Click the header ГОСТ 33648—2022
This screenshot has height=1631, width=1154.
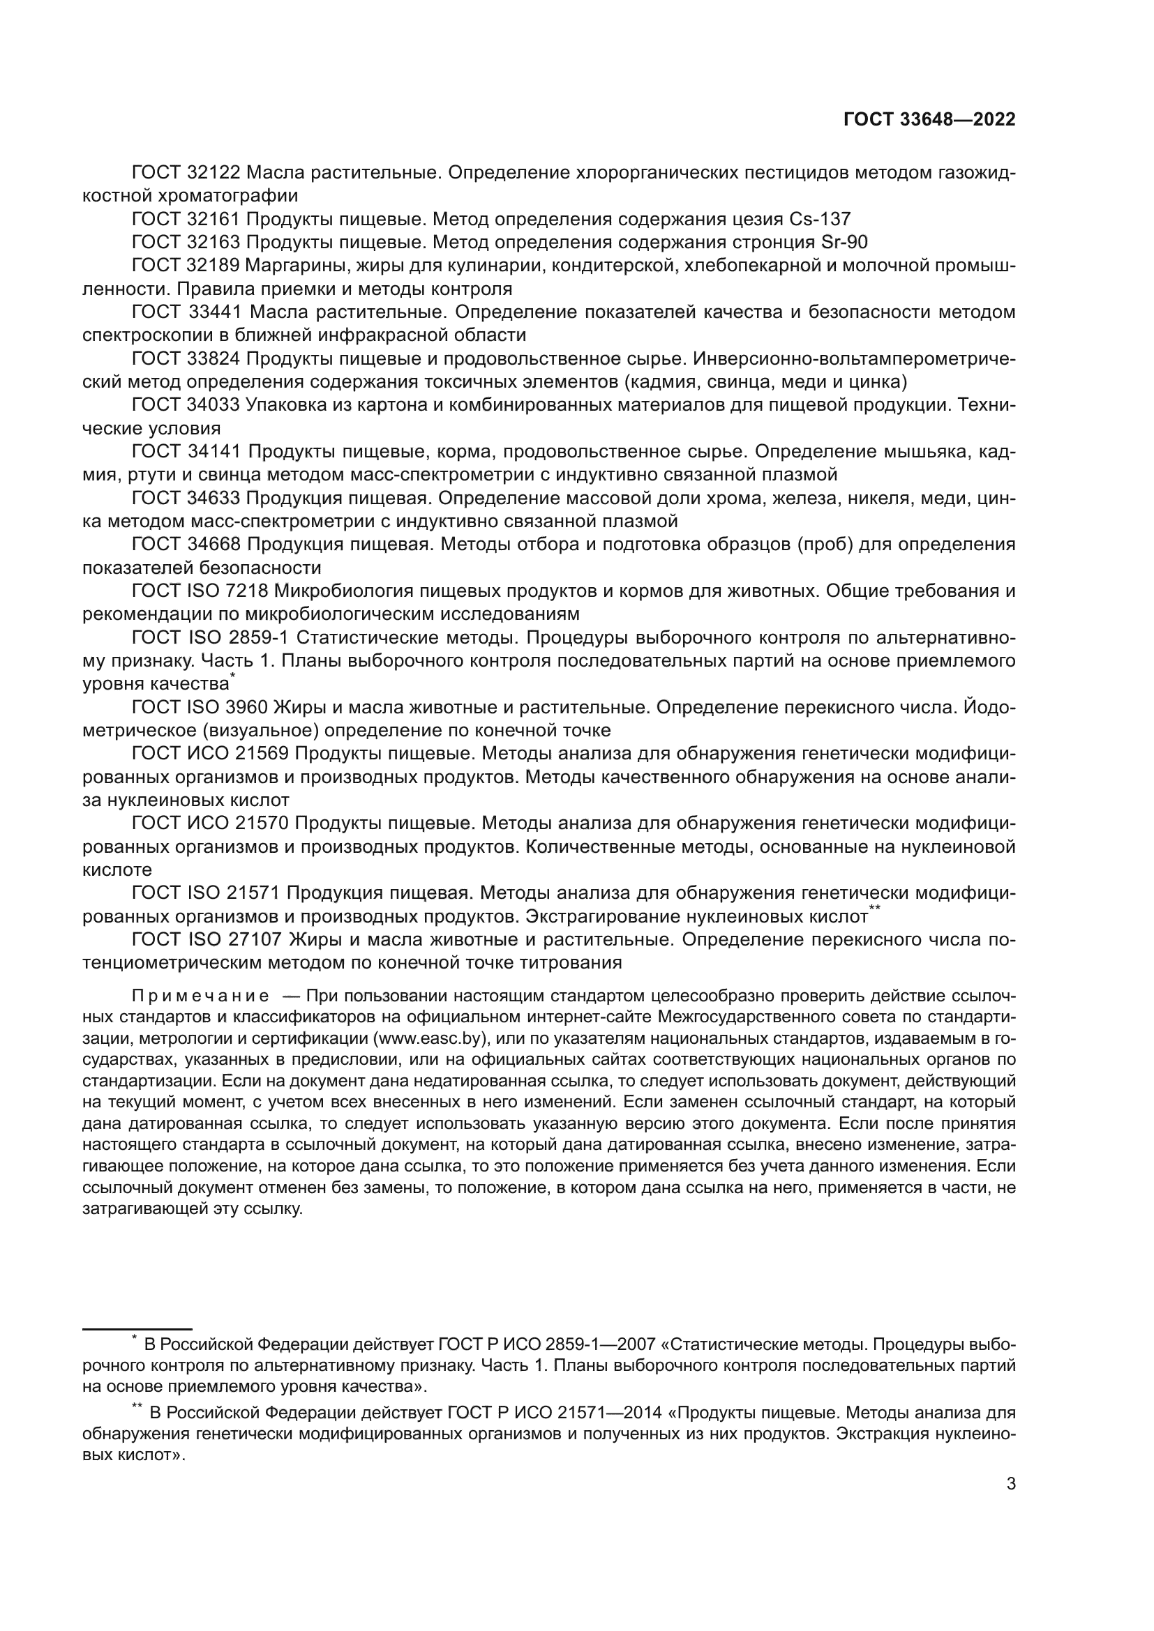click(929, 120)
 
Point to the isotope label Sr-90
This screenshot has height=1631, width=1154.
click(844, 242)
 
